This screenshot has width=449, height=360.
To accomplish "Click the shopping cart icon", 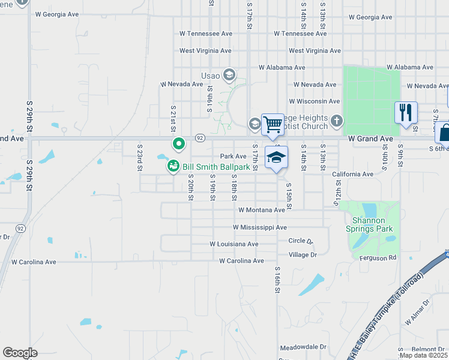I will coord(273,124).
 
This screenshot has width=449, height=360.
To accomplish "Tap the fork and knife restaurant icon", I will coord(406,112).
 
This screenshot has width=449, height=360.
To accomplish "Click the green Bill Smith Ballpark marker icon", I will coord(173,166).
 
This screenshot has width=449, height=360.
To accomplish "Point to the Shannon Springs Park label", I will coord(368,224).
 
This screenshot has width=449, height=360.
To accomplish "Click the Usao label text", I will coord(210,76).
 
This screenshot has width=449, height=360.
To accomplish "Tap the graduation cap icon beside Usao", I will coord(228,75).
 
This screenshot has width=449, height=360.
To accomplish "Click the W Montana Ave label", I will coord(261,210).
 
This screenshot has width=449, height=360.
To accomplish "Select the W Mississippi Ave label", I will coord(260,227).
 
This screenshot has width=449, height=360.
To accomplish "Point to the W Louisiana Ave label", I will coord(234,244).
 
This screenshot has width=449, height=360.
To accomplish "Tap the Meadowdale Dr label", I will coord(303,347).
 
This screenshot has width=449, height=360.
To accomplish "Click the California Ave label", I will coord(353,174).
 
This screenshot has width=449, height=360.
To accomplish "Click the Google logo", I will coord(20,353).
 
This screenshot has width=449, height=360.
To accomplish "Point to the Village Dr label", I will coord(303,255).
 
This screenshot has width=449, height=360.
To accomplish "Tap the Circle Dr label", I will coord(301,241).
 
